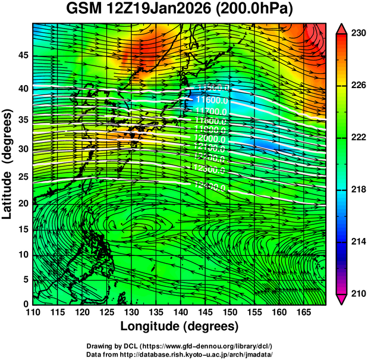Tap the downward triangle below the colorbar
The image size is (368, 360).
coord(341,299)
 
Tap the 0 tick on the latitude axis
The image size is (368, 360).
coord(23,303)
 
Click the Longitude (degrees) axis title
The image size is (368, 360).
coord(179,327)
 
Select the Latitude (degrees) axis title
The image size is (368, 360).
coord(8,164)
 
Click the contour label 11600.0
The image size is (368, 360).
coord(209,101)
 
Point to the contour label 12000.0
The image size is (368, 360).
coord(209,137)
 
